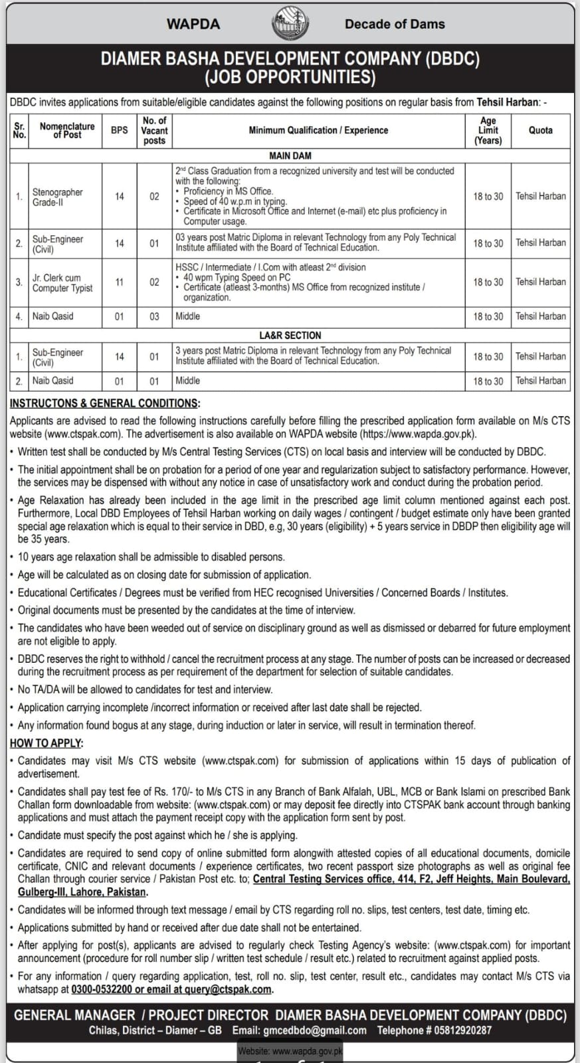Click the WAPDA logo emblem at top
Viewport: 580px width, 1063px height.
click(x=290, y=25)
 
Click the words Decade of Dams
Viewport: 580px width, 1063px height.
click(x=395, y=24)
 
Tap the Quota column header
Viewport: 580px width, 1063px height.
click(x=540, y=130)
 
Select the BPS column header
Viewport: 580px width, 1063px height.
click(x=119, y=130)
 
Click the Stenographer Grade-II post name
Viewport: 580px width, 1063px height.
click(x=58, y=197)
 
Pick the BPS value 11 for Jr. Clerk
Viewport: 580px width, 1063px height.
click(x=119, y=282)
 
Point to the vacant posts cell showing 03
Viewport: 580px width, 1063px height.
click(x=154, y=316)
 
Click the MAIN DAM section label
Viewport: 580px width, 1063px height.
click(x=290, y=156)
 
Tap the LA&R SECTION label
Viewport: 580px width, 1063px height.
click(x=290, y=336)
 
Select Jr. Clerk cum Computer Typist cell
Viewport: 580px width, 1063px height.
click(x=62, y=283)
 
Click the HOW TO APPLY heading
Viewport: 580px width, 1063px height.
click(x=46, y=743)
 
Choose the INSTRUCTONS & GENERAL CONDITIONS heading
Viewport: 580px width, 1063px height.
click(x=104, y=403)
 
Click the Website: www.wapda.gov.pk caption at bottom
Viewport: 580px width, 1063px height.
click(x=290, y=1052)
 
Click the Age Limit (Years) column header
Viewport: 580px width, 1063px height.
click(x=488, y=130)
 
